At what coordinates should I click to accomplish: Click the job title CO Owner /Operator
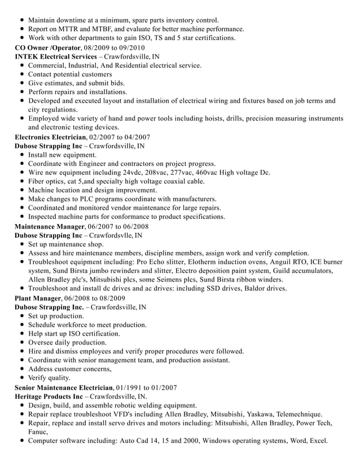click(47, 47)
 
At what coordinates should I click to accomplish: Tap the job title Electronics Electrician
click(50, 137)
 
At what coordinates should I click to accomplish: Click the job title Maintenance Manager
click(49, 226)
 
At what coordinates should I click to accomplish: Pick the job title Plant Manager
click(37, 298)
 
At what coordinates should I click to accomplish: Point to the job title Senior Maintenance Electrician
click(64, 388)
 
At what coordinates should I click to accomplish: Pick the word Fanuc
click(39, 432)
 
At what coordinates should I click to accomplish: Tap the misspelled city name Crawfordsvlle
click(116, 235)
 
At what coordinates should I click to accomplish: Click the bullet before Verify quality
click(21, 379)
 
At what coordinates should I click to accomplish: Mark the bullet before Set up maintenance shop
click(21, 244)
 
